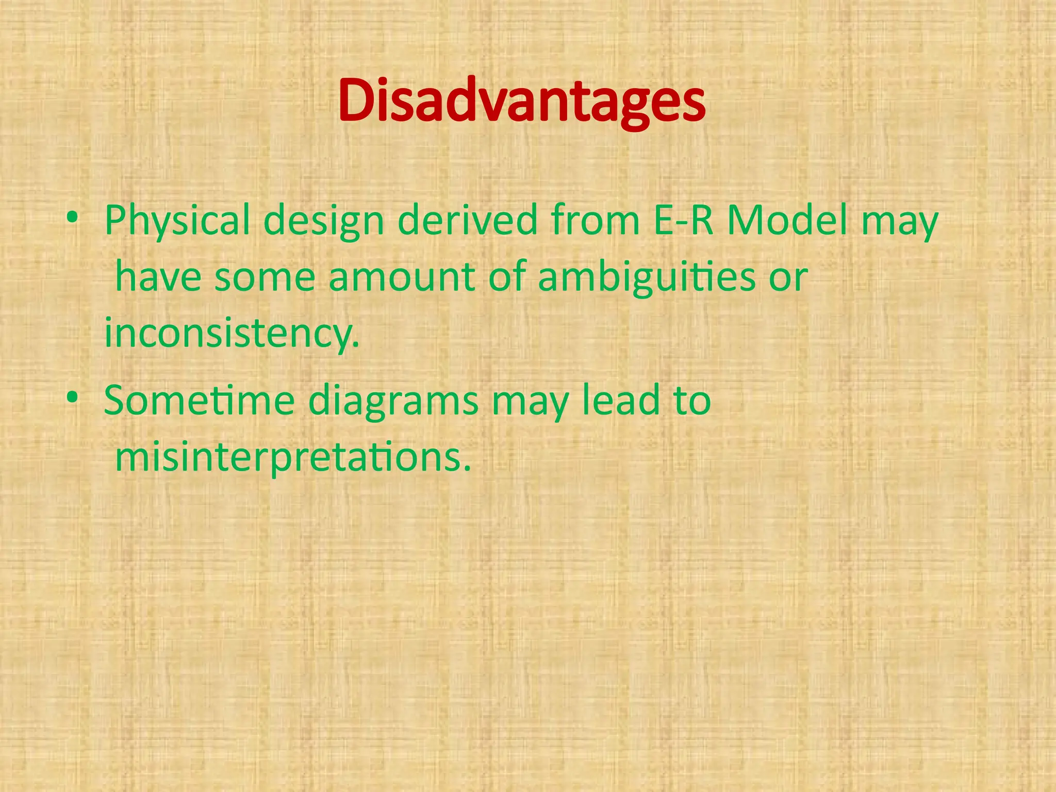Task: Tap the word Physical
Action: (177, 221)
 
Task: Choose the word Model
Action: (787, 220)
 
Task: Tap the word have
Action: (158, 277)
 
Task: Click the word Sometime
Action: (199, 400)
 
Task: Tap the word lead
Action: (621, 400)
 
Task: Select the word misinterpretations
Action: (293, 458)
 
